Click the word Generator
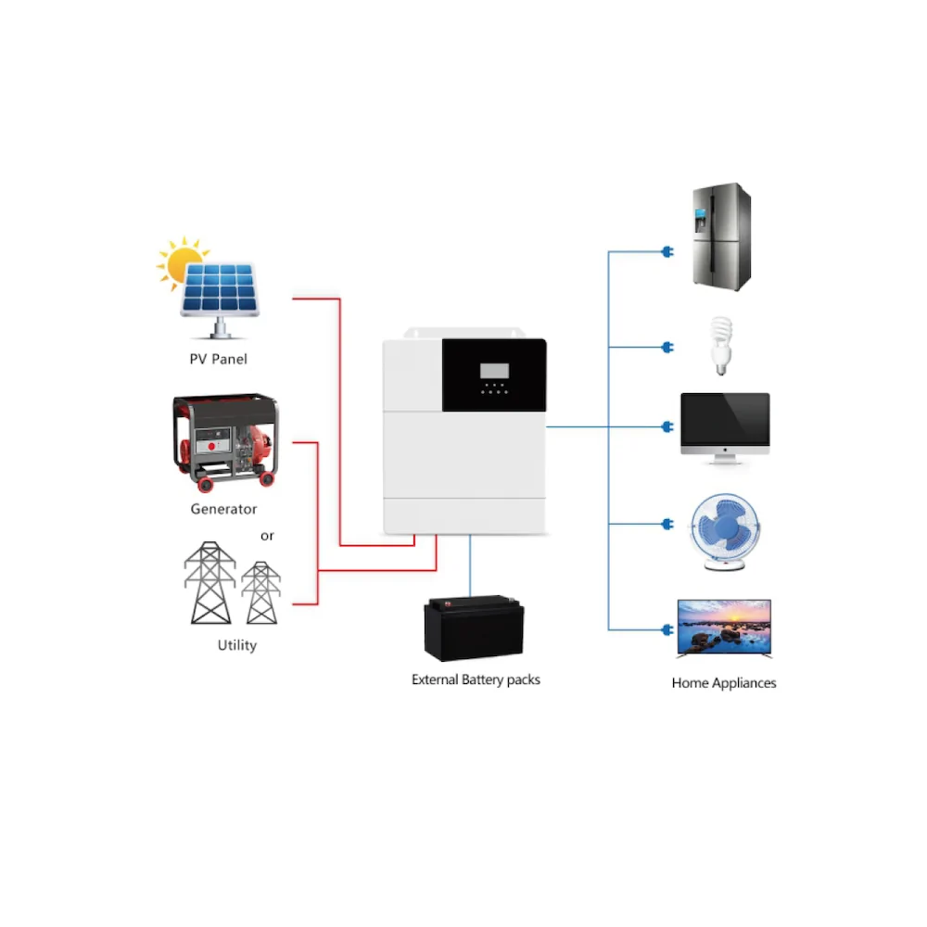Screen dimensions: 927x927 point(223,509)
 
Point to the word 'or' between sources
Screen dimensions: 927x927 point(267,536)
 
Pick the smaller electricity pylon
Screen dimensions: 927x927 point(260,592)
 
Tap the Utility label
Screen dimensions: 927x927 point(237,645)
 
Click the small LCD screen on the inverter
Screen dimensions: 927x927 point(494,371)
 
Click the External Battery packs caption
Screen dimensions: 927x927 point(476,679)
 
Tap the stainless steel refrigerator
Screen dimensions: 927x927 point(721,236)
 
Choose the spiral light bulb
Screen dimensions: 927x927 point(719,345)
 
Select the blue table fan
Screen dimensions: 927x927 point(725,531)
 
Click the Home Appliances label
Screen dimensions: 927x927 point(724,683)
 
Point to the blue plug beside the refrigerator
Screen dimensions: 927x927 point(666,251)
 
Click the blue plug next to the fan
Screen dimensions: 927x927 point(666,526)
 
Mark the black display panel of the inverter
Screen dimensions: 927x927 point(494,375)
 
